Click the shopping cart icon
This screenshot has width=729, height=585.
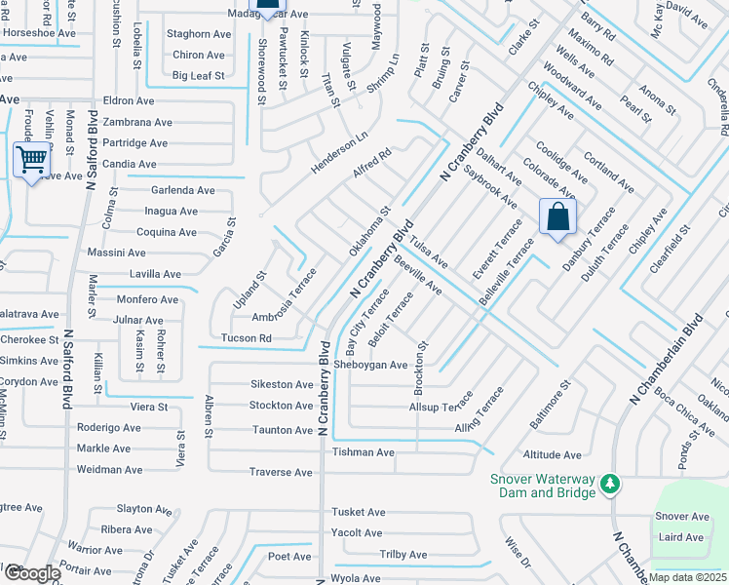(x=32, y=158)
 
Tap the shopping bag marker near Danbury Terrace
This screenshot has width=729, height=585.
(x=558, y=216)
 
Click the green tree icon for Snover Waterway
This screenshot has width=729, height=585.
(x=610, y=483)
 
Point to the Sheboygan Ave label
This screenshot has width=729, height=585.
(x=370, y=365)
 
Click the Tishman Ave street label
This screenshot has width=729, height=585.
(x=364, y=452)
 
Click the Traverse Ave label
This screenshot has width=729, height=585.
(x=280, y=472)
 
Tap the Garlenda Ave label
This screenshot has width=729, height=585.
(x=182, y=190)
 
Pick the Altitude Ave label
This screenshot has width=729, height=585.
(x=553, y=455)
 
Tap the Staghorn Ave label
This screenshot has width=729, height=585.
(x=199, y=34)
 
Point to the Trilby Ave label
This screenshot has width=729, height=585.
(x=403, y=555)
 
